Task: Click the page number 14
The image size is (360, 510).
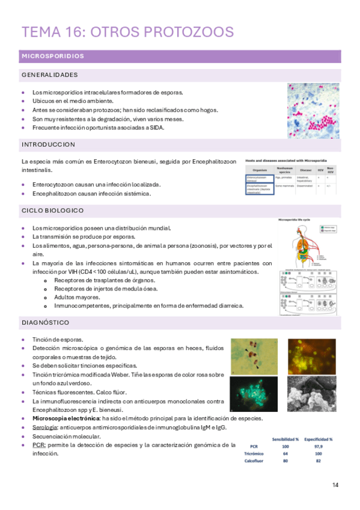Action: [335, 485]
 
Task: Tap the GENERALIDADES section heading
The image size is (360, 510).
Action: [49, 75]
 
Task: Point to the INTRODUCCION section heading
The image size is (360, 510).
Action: [48, 145]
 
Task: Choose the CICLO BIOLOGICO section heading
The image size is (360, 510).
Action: [52, 210]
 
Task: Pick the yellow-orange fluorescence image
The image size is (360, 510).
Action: [311, 357]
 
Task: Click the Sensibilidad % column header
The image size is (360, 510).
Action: [285, 439]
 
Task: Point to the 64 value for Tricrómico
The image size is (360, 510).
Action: [285, 454]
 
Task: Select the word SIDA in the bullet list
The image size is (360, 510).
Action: [156, 127]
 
